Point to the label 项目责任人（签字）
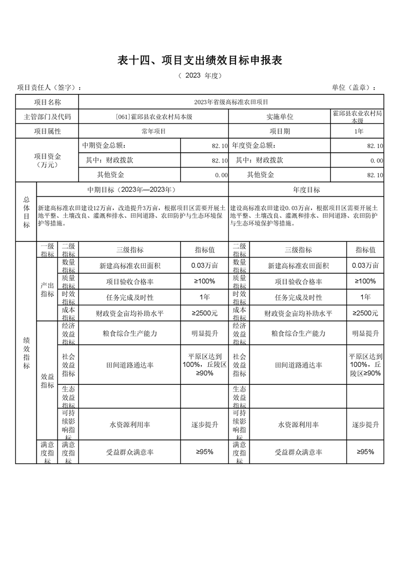point(49,88)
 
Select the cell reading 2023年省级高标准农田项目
point(231,102)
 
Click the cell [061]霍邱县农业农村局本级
point(154,117)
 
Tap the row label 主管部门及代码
point(47,117)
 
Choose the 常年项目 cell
point(154,131)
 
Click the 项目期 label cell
point(280,131)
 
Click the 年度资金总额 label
point(257,146)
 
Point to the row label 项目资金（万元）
point(47,160)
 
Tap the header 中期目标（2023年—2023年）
point(132,190)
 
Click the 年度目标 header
point(306,190)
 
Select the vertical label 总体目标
point(26,212)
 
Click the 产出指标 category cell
point(47,289)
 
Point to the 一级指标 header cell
point(47,250)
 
